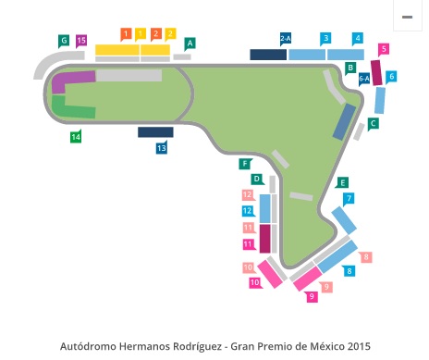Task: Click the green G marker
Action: pos(64,41)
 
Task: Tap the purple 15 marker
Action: pos(81,41)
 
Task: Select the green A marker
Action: pos(190,43)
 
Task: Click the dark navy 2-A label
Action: pos(286,38)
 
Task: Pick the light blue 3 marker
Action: pos(325,38)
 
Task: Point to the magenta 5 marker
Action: pos(384,48)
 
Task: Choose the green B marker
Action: pos(351,68)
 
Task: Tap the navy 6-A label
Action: pos(364,80)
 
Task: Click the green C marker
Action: pos(373,122)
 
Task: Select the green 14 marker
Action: pos(76,136)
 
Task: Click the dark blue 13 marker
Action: pos(162,147)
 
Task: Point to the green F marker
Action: pos(245,164)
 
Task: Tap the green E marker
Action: pos(342,182)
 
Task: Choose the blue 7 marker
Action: pos(349,198)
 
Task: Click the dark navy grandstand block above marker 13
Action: pos(155,131)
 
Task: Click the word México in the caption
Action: pos(304,346)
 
